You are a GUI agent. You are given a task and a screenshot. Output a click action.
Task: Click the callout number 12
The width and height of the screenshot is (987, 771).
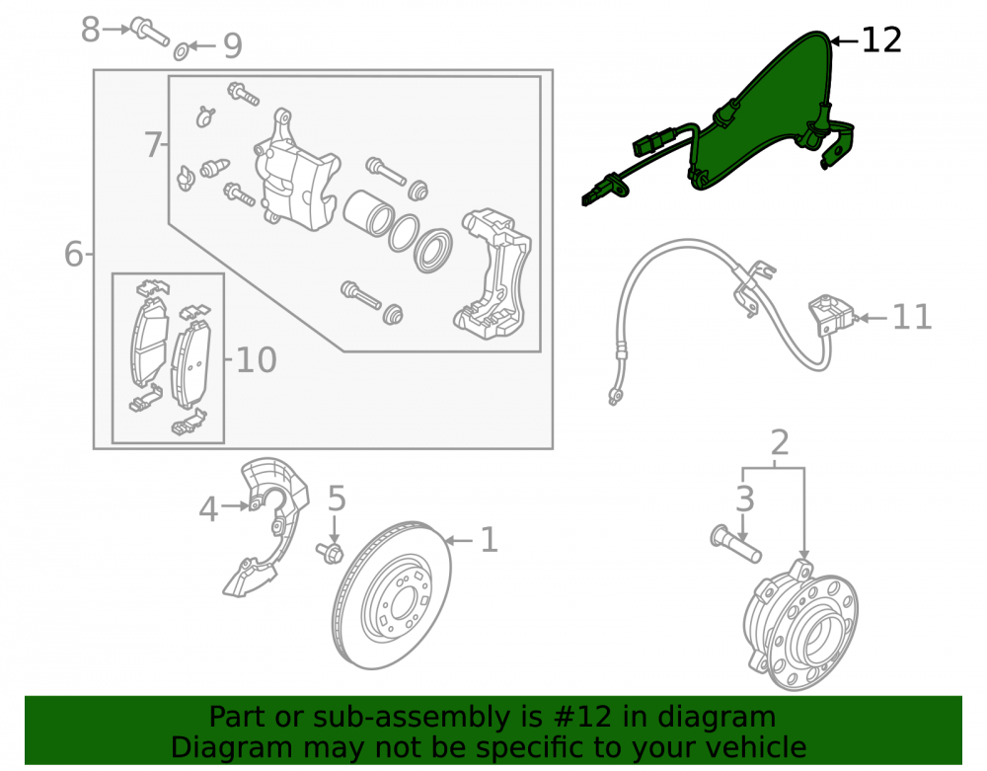click(x=881, y=40)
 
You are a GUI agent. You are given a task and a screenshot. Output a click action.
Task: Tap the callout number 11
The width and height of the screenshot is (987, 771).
click(x=912, y=317)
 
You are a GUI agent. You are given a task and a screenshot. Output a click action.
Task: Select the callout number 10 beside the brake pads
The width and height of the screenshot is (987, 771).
click(x=257, y=360)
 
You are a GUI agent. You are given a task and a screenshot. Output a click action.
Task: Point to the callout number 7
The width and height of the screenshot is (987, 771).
click(x=152, y=145)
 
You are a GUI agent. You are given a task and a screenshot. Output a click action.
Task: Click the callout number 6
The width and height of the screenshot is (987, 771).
click(x=74, y=255)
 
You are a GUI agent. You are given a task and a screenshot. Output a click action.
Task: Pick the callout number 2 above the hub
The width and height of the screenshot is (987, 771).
click(x=780, y=443)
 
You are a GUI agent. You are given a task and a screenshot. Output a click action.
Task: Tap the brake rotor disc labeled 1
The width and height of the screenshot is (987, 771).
click(x=392, y=595)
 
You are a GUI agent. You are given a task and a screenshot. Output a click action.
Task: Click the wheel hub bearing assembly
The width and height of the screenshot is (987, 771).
click(x=799, y=625)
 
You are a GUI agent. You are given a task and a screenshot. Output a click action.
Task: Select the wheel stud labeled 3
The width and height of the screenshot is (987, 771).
click(x=735, y=544)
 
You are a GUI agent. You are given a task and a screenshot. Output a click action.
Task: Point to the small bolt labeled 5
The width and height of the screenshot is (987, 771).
click(x=330, y=552)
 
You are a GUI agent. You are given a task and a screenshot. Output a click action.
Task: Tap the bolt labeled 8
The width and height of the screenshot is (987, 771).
click(x=149, y=33)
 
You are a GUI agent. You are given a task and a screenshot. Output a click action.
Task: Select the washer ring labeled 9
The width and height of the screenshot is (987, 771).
click(x=181, y=51)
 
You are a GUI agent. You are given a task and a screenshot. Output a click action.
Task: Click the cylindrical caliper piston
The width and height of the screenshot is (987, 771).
click(x=368, y=212)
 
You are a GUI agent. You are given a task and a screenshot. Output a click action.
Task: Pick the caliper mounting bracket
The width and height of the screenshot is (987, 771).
click(x=493, y=273)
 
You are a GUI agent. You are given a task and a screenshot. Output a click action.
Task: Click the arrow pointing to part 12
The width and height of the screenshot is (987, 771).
click(x=844, y=41)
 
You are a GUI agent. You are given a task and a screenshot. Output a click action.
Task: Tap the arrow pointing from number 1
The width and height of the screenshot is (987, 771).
click(x=458, y=541)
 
